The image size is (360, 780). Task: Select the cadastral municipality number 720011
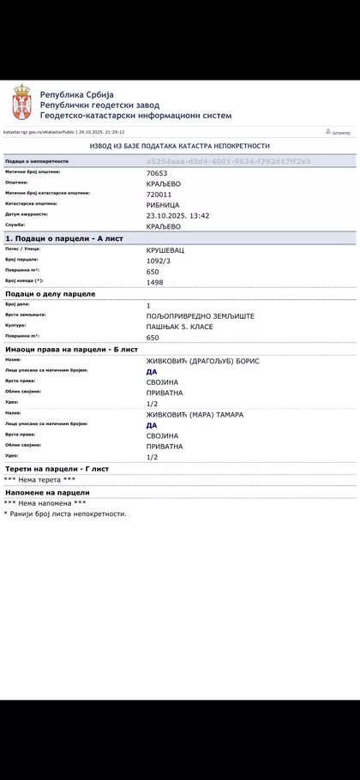[x=160, y=194]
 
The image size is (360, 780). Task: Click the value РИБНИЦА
[x=163, y=204]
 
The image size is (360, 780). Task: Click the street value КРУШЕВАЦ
[x=165, y=249]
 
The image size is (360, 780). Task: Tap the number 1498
[x=155, y=282]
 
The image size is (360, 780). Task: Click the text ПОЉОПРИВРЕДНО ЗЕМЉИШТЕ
[x=201, y=316]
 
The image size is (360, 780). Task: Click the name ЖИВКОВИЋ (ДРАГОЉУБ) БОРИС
[x=202, y=361]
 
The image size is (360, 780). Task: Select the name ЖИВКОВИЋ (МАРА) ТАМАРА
[x=195, y=415]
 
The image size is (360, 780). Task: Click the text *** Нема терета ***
[x=39, y=480]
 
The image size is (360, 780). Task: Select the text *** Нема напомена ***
[x=45, y=503]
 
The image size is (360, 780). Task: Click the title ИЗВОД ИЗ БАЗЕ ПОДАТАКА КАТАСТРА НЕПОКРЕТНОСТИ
[x=180, y=147]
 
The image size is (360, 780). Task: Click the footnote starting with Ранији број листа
[x=67, y=513]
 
